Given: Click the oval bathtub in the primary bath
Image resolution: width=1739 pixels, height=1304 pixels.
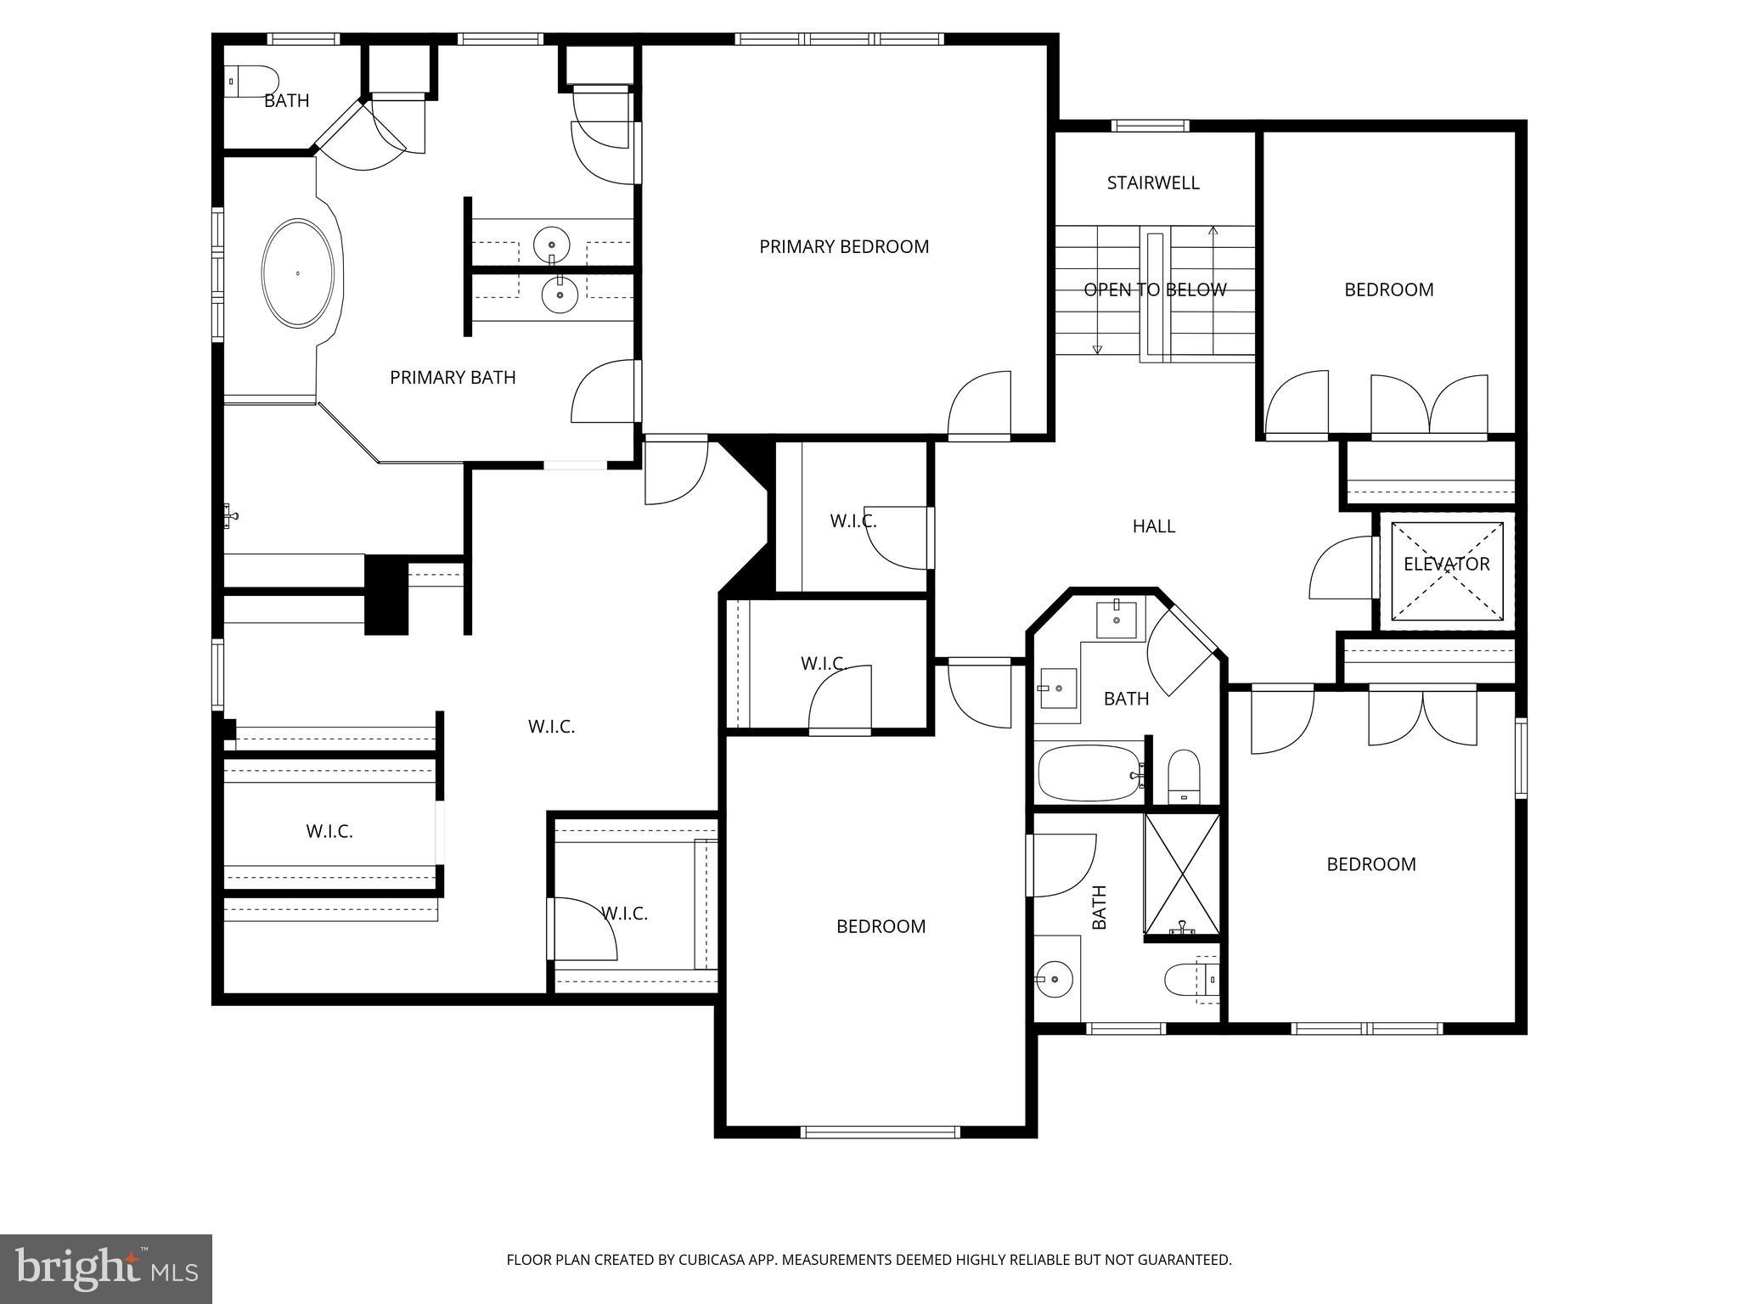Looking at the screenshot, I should click(x=297, y=273).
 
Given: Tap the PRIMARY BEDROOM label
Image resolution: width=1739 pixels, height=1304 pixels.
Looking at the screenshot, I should click(x=844, y=247).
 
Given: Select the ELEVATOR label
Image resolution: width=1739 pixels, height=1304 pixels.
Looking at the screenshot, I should click(x=1446, y=565).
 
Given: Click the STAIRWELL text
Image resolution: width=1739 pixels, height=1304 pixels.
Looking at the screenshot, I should click(x=1153, y=183).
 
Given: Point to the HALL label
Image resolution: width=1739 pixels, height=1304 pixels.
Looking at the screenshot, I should click(x=1153, y=526).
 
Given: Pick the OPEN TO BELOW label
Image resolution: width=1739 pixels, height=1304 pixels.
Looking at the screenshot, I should click(x=1155, y=290).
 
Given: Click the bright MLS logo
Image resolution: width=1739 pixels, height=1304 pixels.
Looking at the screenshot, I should click(x=106, y=1268).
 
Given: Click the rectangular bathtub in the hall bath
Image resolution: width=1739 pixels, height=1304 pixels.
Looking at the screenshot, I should click(x=1089, y=773).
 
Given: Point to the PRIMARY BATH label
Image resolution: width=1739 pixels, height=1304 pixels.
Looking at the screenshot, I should click(x=453, y=378).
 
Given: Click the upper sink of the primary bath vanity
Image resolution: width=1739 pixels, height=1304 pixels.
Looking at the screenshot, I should click(x=552, y=245).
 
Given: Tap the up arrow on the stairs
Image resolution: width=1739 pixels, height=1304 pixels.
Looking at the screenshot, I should click(x=1213, y=231).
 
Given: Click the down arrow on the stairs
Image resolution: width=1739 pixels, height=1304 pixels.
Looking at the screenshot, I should click(x=1097, y=348).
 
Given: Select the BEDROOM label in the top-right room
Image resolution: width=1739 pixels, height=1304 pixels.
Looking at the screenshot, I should click(x=1388, y=290).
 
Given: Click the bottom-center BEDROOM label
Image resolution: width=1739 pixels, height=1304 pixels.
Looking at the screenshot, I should click(x=881, y=927).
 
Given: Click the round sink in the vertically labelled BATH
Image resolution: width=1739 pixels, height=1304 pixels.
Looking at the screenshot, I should click(x=1054, y=979).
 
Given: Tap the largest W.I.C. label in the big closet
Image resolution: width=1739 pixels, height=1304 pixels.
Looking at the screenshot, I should click(x=551, y=727).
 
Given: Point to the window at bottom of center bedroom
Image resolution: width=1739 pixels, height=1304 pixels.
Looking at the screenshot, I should click(x=880, y=1132).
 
